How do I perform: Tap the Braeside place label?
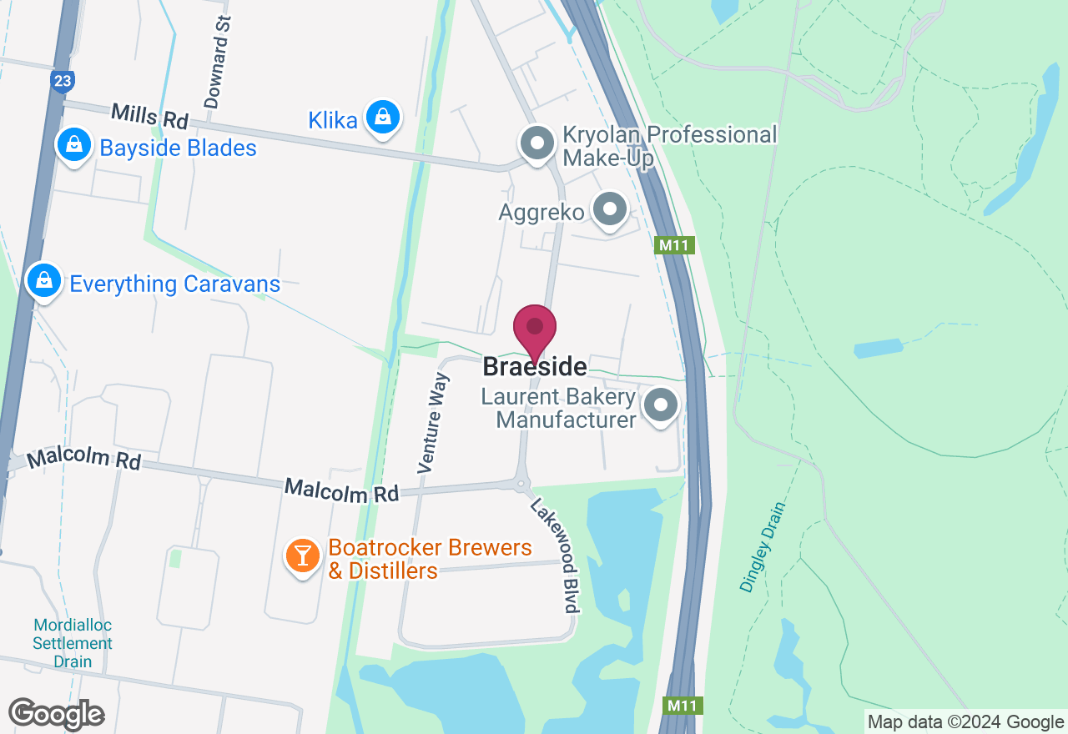tap(535, 367)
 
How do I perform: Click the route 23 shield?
tap(63, 81)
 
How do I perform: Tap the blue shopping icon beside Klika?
tap(383, 118)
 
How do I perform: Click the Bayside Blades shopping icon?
tap(74, 146)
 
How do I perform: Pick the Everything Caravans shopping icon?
tap(44, 281)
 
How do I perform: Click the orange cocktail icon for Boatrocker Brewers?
tap(302, 556)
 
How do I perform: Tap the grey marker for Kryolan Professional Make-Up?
tap(538, 143)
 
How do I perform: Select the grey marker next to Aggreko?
tap(610, 209)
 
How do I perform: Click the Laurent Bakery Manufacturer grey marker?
tap(662, 406)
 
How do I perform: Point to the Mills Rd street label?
tap(150, 116)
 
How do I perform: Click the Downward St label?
tap(216, 63)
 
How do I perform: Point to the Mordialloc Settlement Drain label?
tap(73, 643)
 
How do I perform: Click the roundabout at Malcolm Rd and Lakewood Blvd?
tap(521, 483)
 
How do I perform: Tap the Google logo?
tap(56, 714)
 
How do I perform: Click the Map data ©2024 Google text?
tap(965, 722)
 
